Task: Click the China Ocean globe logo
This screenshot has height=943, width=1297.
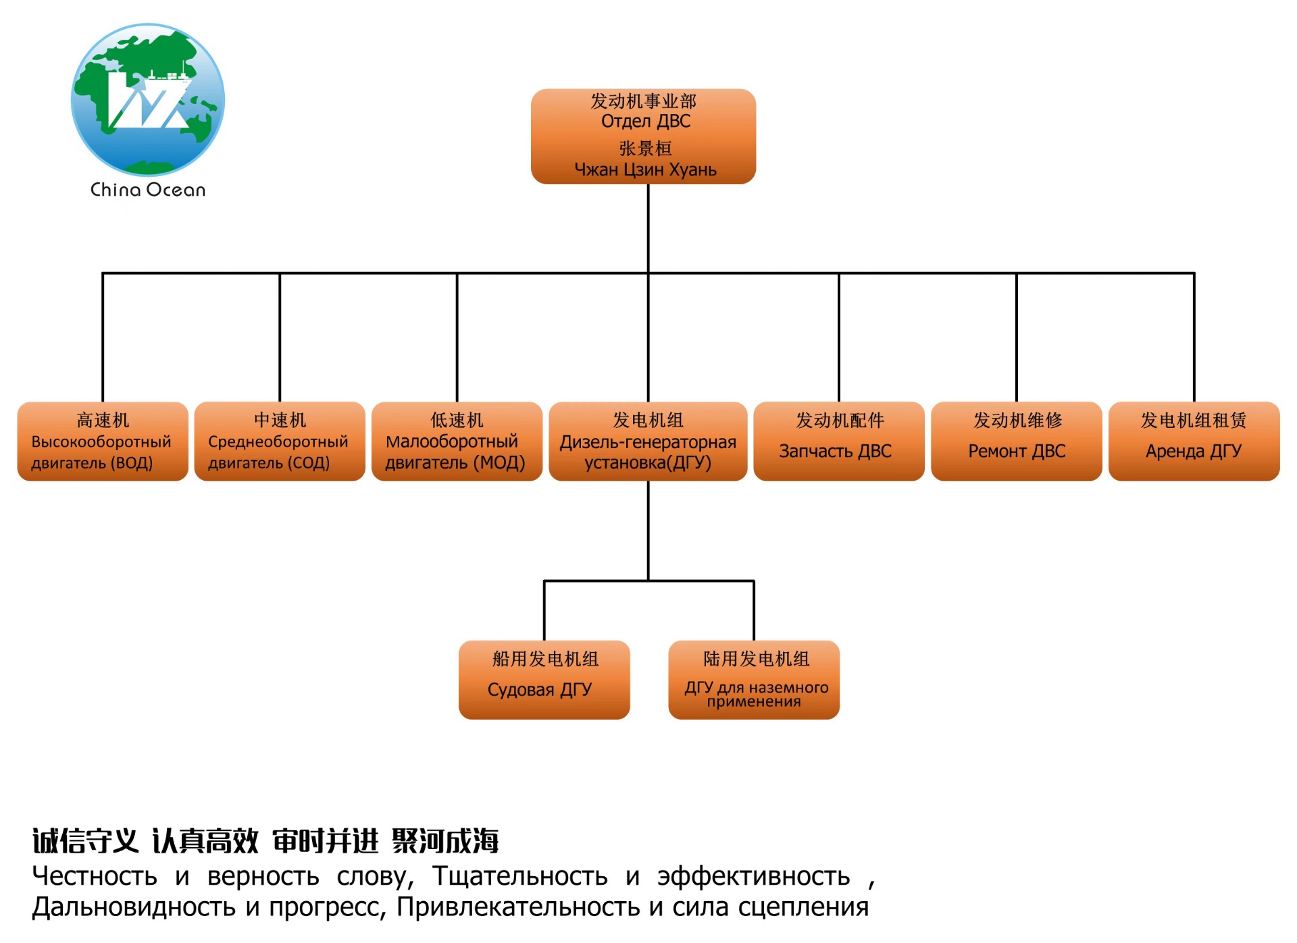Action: pyautogui.click(x=148, y=100)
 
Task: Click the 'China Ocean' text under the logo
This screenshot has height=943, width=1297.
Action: pyautogui.click(x=148, y=190)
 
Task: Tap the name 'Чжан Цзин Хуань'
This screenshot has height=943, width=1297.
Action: pyautogui.click(x=645, y=169)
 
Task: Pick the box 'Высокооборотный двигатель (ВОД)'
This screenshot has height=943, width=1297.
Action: pyautogui.click(x=103, y=441)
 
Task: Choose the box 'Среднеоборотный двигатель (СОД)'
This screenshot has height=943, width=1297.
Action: pyautogui.click(x=280, y=441)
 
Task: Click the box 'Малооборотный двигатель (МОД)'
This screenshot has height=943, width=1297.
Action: pyautogui.click(x=457, y=441)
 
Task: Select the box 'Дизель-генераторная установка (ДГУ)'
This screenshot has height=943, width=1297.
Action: pyautogui.click(x=648, y=441)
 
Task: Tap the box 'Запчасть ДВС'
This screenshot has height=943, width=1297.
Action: pyautogui.click(x=838, y=441)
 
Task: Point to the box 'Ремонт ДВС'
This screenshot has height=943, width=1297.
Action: pyautogui.click(x=1016, y=441)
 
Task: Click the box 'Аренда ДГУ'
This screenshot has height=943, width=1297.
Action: pyautogui.click(x=1194, y=441)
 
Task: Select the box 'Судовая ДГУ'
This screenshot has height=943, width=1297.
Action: pyautogui.click(x=544, y=680)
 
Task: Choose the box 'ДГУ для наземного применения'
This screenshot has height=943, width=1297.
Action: pyautogui.click(x=754, y=680)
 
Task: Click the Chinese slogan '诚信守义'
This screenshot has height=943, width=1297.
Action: pyautogui.click(x=85, y=841)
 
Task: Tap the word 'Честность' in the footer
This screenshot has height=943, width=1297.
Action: pyautogui.click(x=95, y=876)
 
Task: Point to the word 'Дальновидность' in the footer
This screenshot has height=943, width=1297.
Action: pyautogui.click(x=134, y=907)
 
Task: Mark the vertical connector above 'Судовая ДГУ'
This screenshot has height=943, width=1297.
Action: pyautogui.click(x=544, y=610)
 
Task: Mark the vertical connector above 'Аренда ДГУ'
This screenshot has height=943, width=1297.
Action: pyautogui.click(x=1194, y=338)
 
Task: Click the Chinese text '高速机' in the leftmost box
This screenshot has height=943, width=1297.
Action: pyautogui.click(x=103, y=420)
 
